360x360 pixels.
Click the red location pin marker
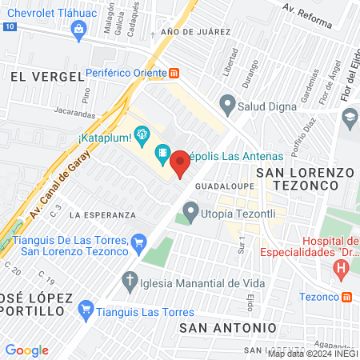180,162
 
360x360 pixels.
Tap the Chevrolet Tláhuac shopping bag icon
78,30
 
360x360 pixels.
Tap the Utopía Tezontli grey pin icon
190,211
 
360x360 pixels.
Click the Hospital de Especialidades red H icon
342,269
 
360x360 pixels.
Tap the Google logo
26,350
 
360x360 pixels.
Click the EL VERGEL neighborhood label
47,76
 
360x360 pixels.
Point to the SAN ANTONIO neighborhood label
228,328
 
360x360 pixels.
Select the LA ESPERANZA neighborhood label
102,215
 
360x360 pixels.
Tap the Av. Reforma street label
307,16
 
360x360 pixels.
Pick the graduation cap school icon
350,118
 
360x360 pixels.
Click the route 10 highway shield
8,26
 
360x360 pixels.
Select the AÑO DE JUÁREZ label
195,31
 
